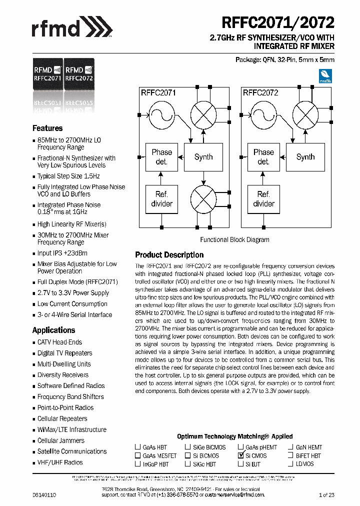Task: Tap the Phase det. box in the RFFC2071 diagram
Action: [x=161, y=156]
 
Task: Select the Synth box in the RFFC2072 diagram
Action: [x=305, y=156]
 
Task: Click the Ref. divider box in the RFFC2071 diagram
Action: [x=161, y=198]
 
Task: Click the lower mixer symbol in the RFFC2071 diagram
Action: [x=203, y=198]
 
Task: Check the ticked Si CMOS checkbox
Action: [x=240, y=456]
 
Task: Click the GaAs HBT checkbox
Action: [x=137, y=447]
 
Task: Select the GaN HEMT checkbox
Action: [x=291, y=447]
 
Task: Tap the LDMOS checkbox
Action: [x=291, y=464]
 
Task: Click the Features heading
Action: [x=47, y=128]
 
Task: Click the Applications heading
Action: [x=53, y=330]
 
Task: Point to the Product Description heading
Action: [x=169, y=255]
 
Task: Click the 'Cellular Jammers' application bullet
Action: [x=60, y=440]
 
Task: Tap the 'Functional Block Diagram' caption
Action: [x=234, y=239]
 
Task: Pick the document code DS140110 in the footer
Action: [x=44, y=494]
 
